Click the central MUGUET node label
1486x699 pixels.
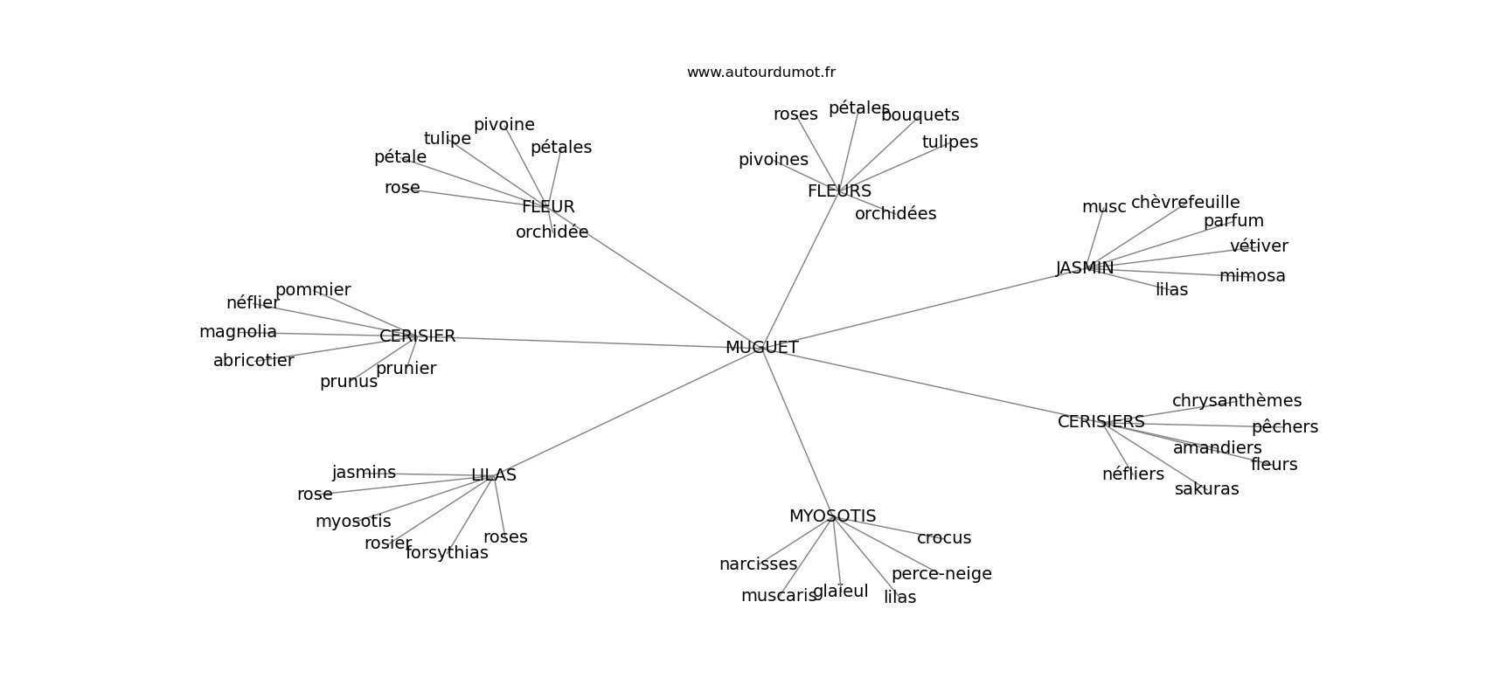[x=761, y=348]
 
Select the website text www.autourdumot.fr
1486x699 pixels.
[x=760, y=73]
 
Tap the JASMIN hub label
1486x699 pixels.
[x=1085, y=268]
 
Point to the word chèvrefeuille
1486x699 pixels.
[x=1185, y=203]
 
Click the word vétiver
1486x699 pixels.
[x=1259, y=246]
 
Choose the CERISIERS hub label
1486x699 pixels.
[x=1101, y=422]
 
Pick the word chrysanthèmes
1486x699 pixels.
[x=1236, y=401]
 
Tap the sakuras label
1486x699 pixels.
[x=1206, y=489]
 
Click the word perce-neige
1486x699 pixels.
[x=941, y=574]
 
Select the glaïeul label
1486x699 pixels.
[x=841, y=592]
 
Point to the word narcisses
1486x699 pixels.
[x=758, y=564]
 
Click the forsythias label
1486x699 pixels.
[x=447, y=553]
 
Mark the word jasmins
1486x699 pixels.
[x=364, y=473]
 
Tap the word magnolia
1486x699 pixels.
[x=238, y=332]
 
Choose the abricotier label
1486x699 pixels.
[x=253, y=361]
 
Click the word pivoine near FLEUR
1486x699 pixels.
[x=503, y=125]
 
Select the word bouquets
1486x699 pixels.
[x=920, y=115]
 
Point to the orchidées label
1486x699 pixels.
[x=895, y=214]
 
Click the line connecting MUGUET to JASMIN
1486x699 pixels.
[x=918, y=308]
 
